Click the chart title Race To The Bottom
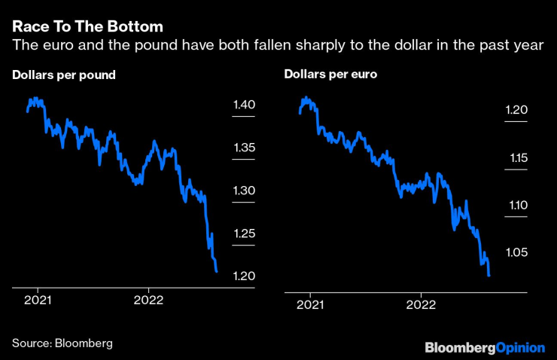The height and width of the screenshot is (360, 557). pyautogui.click(x=87, y=26)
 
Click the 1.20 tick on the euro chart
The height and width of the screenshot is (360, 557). pyautogui.click(x=517, y=111)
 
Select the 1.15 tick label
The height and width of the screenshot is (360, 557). pyautogui.click(x=517, y=158)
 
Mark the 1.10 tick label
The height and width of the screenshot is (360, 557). pyautogui.click(x=517, y=205)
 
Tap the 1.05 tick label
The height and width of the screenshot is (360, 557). pyautogui.click(x=517, y=252)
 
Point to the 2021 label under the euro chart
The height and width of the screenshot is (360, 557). pyautogui.click(x=309, y=305)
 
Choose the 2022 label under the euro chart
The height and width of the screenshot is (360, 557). pyautogui.click(x=420, y=305)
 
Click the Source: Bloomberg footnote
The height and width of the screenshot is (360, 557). pyautogui.click(x=62, y=343)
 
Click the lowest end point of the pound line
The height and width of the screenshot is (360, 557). pyautogui.click(x=217, y=271)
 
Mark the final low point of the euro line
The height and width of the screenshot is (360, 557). pyautogui.click(x=489, y=276)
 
